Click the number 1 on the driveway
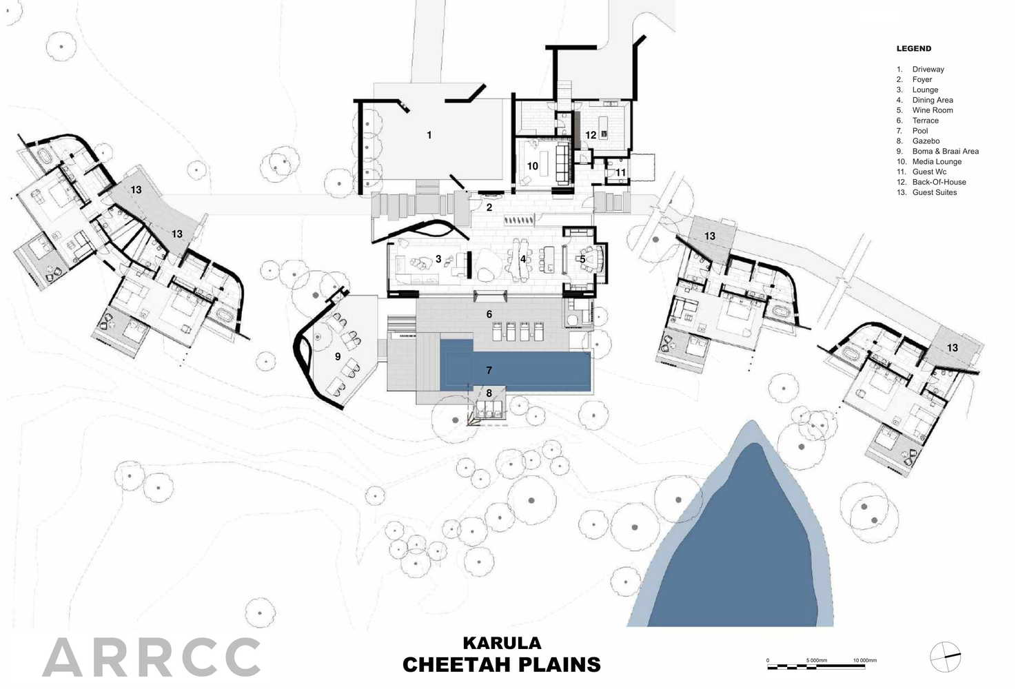[x=429, y=135]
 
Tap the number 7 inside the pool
[x=489, y=370]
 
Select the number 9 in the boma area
[x=338, y=356]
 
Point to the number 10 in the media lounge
[x=533, y=166]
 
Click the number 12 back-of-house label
[x=591, y=135]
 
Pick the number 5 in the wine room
[x=582, y=259]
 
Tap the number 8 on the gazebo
[x=489, y=393]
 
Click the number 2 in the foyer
[x=489, y=207]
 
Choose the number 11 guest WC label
[x=621, y=172]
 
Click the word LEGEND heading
[x=914, y=49]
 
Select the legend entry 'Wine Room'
[x=933, y=110]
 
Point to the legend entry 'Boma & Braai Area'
[x=946, y=152]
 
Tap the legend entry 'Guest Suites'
[x=935, y=192]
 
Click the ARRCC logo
[x=152, y=657]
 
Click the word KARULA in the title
[x=502, y=643]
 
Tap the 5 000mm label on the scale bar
[x=817, y=660]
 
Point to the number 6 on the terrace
[x=489, y=314]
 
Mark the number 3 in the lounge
[x=438, y=259]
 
